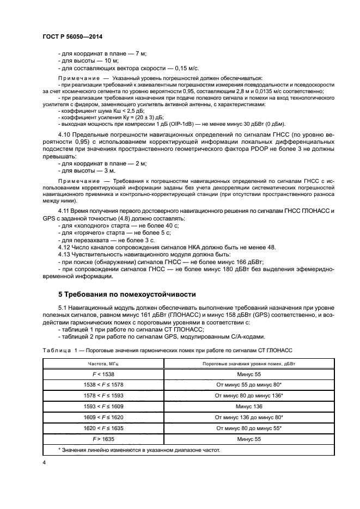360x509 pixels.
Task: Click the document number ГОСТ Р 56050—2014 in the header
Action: [x=72, y=36]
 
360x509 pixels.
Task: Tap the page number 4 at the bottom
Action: [x=44, y=462]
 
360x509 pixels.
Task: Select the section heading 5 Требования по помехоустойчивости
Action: [x=126, y=294]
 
